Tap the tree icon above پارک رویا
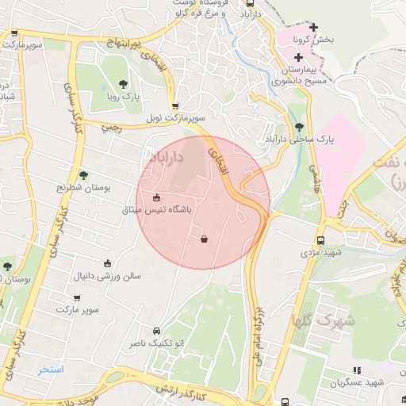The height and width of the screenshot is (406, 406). pos(123,83)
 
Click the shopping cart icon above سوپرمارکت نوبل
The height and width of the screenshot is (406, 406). pos(175,105)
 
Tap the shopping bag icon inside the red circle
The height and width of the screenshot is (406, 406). pos(205,239)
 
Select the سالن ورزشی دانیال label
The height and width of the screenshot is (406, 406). pos(108,276)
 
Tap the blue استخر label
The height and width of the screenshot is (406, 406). pos(51,370)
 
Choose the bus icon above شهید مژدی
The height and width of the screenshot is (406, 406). pos(320,240)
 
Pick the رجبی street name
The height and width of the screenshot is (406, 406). pos(111,126)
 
